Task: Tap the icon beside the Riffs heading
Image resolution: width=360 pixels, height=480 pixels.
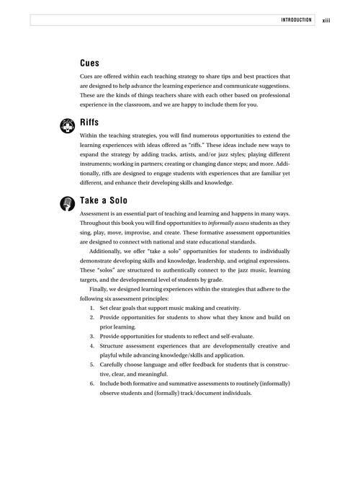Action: (x=68, y=125)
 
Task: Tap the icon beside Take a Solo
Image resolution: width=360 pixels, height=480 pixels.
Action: (x=68, y=203)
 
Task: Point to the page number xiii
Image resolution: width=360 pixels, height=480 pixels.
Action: (x=330, y=20)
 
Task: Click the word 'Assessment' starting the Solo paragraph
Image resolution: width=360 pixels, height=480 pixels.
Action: (x=97, y=214)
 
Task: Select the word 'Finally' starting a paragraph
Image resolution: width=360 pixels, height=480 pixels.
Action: (x=102, y=289)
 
